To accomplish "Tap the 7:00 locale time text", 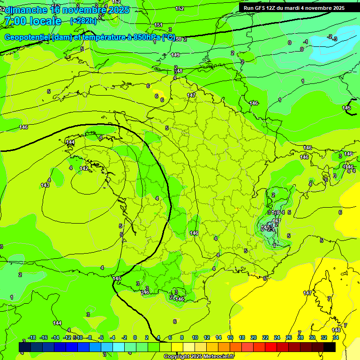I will click(33, 21).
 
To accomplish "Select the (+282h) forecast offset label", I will click(83, 21).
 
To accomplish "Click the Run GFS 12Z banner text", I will click(262, 7).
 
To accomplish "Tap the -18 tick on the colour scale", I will click(32, 337).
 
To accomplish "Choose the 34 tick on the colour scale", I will click(335, 337).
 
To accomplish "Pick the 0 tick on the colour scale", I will click(135, 337).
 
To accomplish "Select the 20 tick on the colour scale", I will click(254, 337).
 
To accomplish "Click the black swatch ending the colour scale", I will click(330, 347).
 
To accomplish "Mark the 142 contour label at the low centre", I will click(84, 168).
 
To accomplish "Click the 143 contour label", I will click(45, 185).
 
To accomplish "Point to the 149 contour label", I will click(175, 55).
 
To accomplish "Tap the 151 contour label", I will click(158, 25).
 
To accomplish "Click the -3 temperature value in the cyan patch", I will click(334, 38).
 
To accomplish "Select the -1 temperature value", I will click(306, 42).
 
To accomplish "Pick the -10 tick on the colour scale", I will click(78, 337).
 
